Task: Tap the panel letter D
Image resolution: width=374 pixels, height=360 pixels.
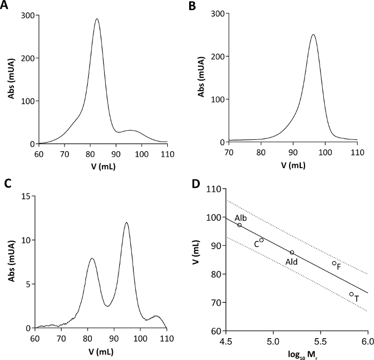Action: point(196,184)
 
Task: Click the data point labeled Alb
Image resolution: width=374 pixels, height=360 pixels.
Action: point(239,225)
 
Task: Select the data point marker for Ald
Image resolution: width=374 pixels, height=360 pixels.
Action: point(292,252)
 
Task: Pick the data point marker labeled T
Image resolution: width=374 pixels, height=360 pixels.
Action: point(351,294)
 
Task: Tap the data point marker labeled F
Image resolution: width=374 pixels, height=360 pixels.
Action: point(334,263)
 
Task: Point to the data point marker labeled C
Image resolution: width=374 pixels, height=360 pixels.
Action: point(261,240)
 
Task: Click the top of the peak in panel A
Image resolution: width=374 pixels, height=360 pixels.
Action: point(97,19)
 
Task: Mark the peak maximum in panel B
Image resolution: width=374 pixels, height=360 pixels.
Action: point(313,35)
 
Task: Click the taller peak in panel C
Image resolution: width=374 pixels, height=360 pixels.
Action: point(127,223)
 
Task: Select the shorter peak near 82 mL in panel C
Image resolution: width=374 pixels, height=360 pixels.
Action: point(92,259)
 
